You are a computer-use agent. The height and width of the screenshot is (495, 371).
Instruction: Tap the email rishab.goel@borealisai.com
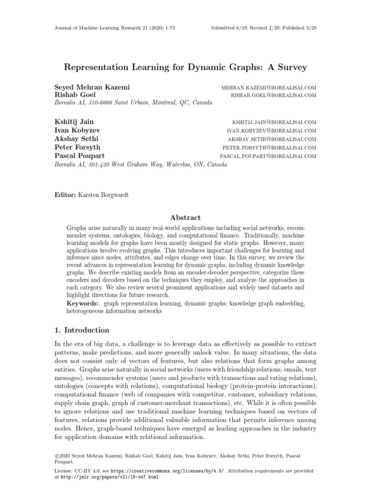(x=274, y=96)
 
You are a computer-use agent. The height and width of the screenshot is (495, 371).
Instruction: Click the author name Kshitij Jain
(x=74, y=122)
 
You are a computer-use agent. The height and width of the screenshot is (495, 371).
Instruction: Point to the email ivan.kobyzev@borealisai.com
(x=271, y=131)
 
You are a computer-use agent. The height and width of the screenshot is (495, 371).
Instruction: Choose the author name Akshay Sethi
(x=77, y=139)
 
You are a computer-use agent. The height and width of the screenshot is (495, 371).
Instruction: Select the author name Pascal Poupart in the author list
(x=80, y=156)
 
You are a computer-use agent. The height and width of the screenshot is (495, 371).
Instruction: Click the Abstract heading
(x=185, y=218)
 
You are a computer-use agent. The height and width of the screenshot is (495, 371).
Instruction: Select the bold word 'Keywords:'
(x=83, y=303)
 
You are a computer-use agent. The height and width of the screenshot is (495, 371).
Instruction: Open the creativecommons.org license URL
(x=168, y=470)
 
